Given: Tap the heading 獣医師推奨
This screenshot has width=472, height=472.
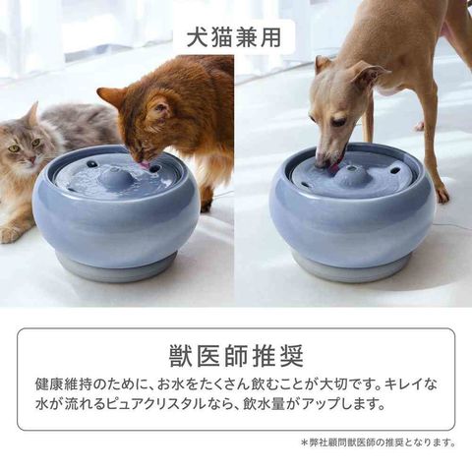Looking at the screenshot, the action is coord(236,356).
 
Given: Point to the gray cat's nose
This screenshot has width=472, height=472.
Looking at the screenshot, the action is coord(31,159).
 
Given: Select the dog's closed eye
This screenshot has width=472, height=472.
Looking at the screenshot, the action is coord(339,123).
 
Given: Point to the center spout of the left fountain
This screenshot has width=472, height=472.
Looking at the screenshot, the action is coord(115,178).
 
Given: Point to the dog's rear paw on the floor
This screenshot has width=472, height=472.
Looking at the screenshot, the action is coord(442,195).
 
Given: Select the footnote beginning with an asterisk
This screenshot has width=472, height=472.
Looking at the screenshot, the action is coord(378,443).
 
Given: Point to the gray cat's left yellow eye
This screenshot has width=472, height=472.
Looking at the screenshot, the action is coord(14,148).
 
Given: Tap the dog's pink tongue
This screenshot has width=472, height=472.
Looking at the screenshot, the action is coord(335,166).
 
